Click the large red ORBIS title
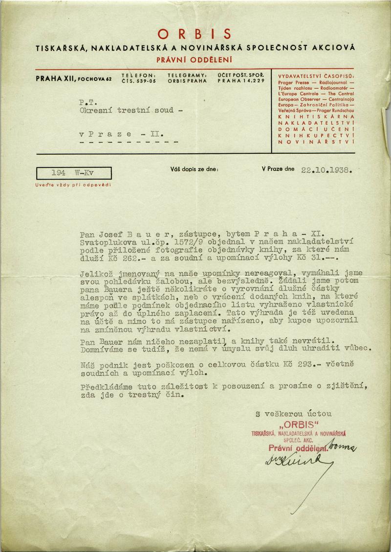click(195, 33)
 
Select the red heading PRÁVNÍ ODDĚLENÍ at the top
click(195, 60)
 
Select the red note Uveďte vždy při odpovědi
click(73, 184)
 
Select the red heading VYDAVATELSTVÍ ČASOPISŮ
click(316, 77)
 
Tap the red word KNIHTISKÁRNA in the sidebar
click(316, 118)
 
